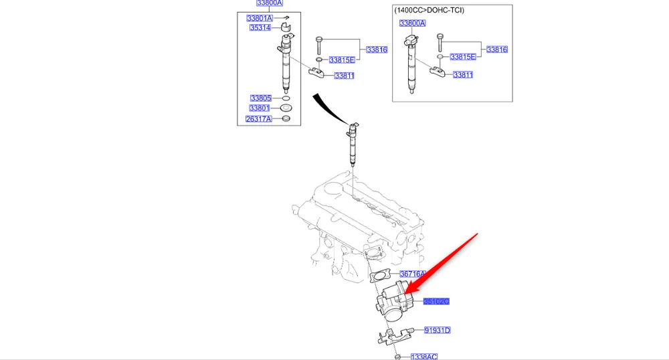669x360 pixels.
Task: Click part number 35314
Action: [x=260, y=28]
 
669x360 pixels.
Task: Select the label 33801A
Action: [x=260, y=18]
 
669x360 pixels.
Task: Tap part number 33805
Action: [x=260, y=98]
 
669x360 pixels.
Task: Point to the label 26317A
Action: [x=259, y=119]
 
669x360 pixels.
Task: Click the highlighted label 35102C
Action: [x=436, y=302]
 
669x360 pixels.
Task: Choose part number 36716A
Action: [x=413, y=274]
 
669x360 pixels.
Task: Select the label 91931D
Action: [x=438, y=331]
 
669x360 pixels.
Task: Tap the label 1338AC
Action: [x=423, y=357]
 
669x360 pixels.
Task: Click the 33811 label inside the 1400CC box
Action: [x=463, y=75]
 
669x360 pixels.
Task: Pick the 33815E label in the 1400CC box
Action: [x=462, y=58]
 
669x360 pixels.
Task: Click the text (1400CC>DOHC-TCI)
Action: [x=429, y=10]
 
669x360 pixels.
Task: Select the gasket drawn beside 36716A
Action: [x=381, y=275]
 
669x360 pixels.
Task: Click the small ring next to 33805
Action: [x=286, y=98]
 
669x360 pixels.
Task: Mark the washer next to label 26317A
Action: [x=286, y=119]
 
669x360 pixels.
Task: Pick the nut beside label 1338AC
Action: [x=398, y=357]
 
